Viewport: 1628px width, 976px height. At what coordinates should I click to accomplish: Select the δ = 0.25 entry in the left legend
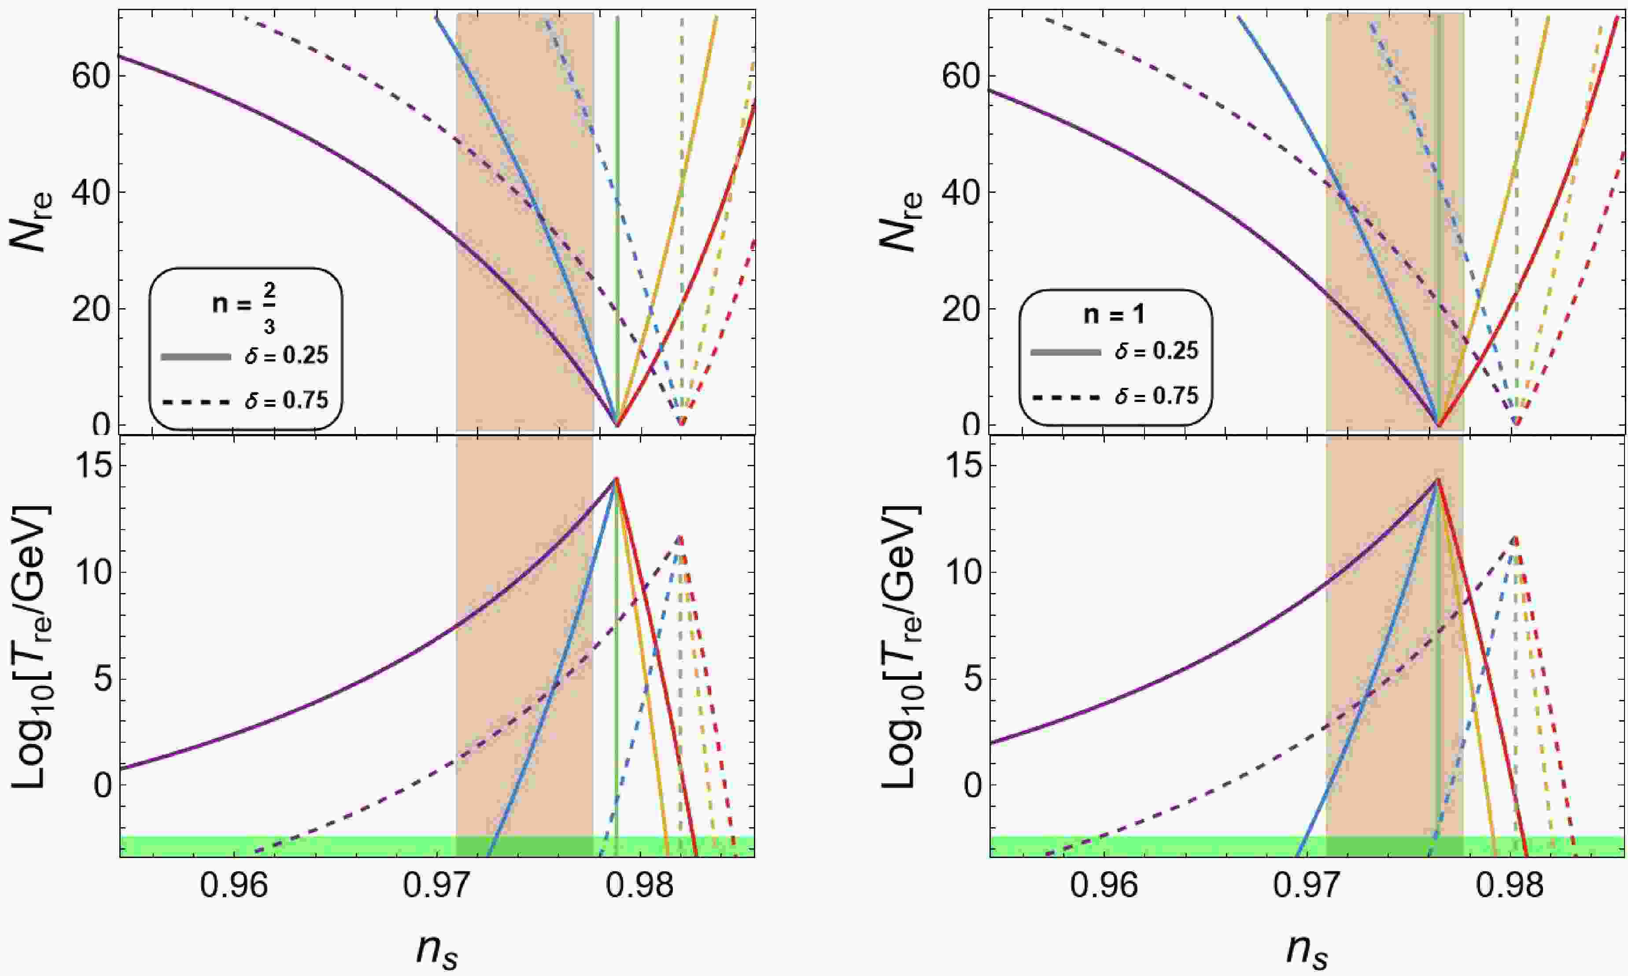pyautogui.click(x=245, y=357)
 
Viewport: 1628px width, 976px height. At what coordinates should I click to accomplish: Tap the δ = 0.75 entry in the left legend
pyautogui.click(x=245, y=399)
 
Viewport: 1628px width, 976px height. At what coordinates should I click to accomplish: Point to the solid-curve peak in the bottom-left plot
pyautogui.click(x=616, y=478)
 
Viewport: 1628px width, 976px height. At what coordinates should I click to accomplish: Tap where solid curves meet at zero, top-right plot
pyautogui.click(x=1438, y=426)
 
